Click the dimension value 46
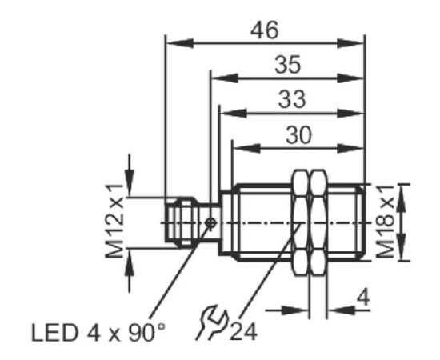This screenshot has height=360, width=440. point(264,30)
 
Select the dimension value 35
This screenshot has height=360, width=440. point(288,65)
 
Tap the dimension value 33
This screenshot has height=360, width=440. point(292,99)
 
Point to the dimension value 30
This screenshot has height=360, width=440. point(298,134)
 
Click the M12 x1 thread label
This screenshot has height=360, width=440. point(114,221)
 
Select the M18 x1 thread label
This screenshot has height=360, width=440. point(385,222)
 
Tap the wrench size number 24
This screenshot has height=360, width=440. point(243,332)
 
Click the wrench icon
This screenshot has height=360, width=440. point(211,322)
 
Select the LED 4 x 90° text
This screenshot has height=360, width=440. point(98,333)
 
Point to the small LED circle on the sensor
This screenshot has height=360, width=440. point(210,222)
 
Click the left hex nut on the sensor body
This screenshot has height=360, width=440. point(300,222)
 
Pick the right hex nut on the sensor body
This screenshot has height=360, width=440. point(318,222)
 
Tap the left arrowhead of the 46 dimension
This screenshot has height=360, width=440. point(180,43)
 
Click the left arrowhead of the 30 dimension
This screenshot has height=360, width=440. point(247,149)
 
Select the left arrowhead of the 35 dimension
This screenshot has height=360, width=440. point(225,78)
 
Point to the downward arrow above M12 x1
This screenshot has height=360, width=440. point(130,175)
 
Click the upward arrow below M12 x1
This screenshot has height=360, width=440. point(130,270)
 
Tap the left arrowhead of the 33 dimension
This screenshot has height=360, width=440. point(233,114)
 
